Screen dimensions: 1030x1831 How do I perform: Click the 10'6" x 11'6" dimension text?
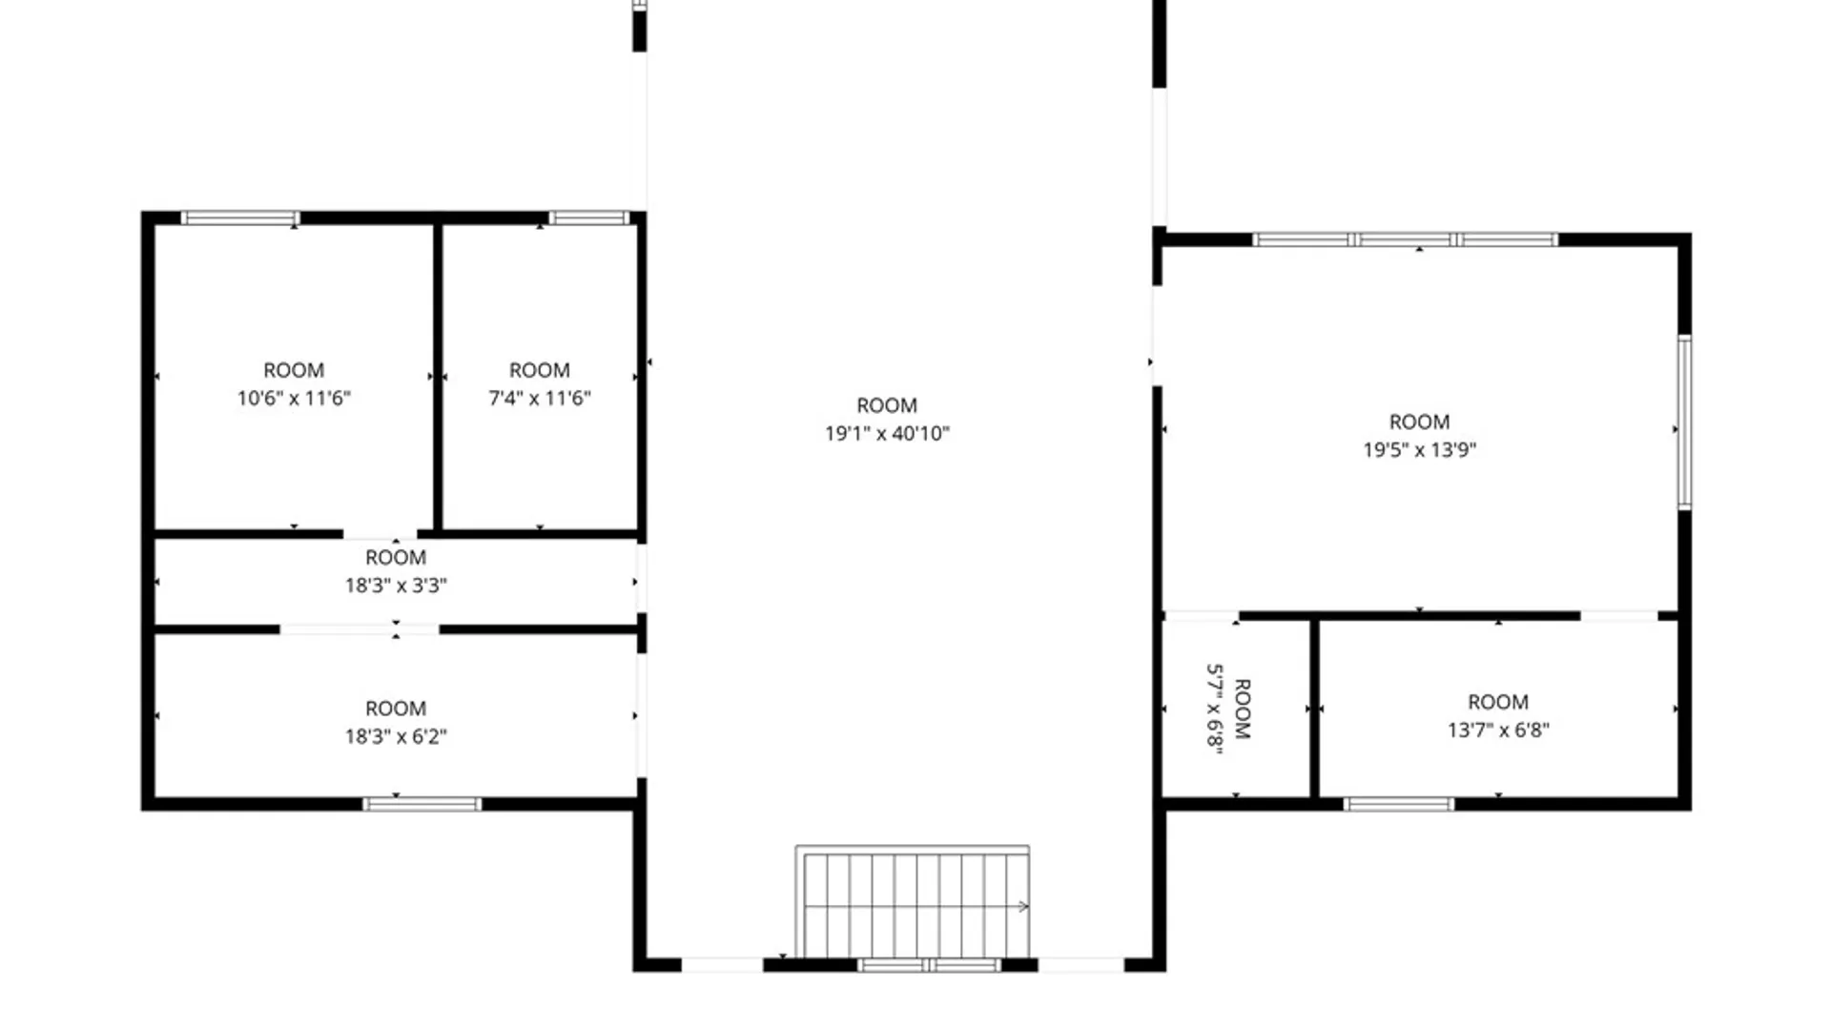click(x=294, y=399)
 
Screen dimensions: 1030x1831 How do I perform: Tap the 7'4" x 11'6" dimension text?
click(x=540, y=399)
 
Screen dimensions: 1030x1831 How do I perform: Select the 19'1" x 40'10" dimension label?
click(x=887, y=434)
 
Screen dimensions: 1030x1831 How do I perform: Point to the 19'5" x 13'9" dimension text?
click(x=1419, y=450)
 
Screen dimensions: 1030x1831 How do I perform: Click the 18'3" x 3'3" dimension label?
click(x=396, y=586)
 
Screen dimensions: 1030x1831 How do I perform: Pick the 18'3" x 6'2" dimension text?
click(x=396, y=736)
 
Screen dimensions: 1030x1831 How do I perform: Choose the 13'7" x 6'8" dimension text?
click(x=1498, y=731)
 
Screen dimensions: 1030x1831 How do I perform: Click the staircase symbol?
click(x=913, y=901)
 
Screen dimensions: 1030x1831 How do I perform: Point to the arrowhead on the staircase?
click(x=1024, y=906)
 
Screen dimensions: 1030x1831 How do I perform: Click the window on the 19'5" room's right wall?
click(x=1684, y=422)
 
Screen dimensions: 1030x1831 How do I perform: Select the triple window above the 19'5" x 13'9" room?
click(x=1405, y=239)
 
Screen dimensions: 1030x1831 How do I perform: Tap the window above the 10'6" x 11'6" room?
click(x=240, y=218)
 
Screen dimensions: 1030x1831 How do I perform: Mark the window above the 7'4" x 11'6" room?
click(x=588, y=218)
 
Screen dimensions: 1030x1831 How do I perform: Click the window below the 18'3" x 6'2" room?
click(x=422, y=804)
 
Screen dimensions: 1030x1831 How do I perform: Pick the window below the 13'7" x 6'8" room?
click(x=1399, y=804)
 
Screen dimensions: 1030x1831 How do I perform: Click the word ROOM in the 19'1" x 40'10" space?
click(x=887, y=405)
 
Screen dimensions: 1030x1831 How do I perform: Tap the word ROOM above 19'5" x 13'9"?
click(x=1419, y=422)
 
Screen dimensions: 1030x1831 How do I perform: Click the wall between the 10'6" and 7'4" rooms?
click(x=438, y=377)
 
